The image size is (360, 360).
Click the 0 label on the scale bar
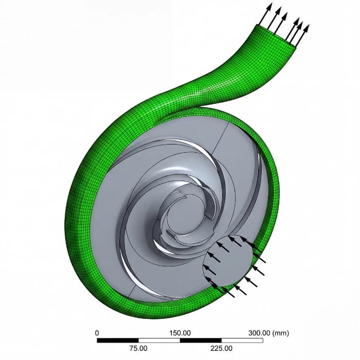(x=98, y=332)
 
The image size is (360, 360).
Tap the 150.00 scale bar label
(x=181, y=332)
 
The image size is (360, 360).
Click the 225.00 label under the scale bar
(x=222, y=348)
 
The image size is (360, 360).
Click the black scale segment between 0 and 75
(x=118, y=340)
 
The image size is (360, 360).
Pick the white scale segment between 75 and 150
(x=159, y=340)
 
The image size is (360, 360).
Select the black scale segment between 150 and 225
(x=201, y=340)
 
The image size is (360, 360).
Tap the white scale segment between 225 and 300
(x=242, y=340)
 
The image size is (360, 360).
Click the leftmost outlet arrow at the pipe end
(x=264, y=15)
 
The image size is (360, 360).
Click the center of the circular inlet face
(x=230, y=262)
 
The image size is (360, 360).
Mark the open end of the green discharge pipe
(x=278, y=36)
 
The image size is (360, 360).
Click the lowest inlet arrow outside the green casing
(x=229, y=294)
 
